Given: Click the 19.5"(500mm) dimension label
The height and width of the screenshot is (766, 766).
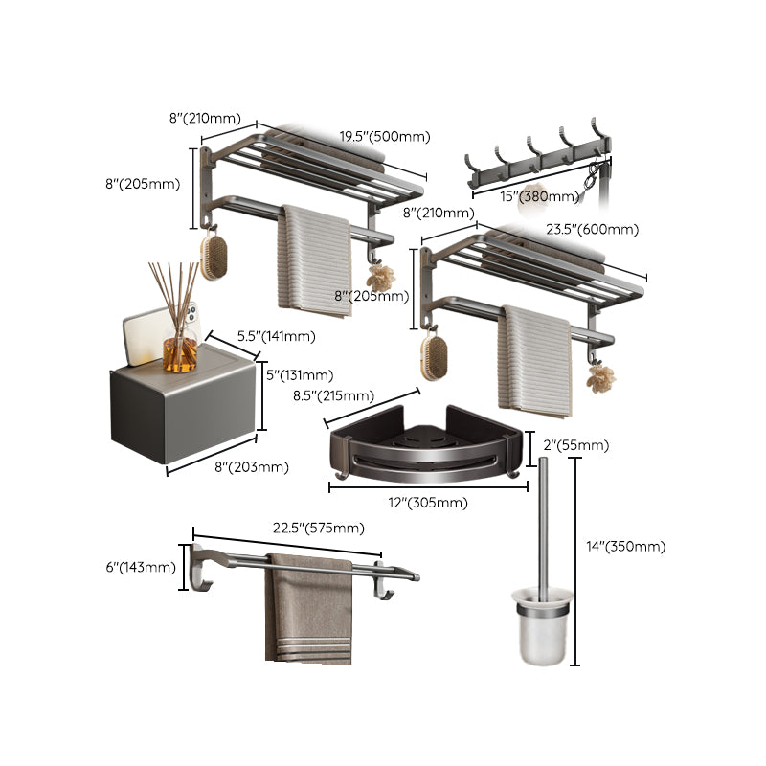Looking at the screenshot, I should click(383, 137).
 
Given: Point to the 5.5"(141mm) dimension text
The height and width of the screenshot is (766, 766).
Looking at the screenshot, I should click(277, 336).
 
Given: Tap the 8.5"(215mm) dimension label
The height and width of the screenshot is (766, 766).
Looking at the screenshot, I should click(334, 395).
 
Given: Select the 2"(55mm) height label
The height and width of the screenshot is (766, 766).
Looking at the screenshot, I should click(575, 445).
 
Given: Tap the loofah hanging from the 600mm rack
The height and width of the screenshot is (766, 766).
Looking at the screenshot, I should click(601, 379).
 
